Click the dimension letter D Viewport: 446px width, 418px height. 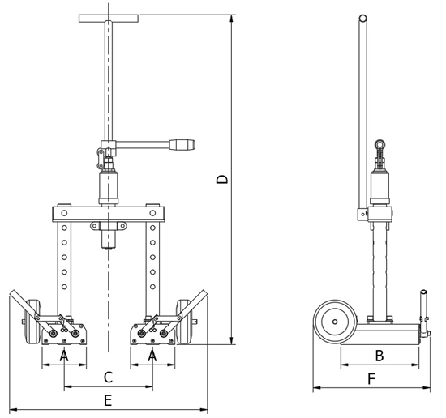(x=222, y=179)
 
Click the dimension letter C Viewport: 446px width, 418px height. (x=108, y=377)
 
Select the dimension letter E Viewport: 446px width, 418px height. (x=108, y=401)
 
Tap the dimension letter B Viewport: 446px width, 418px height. (x=380, y=356)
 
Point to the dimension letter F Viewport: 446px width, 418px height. (x=371, y=379)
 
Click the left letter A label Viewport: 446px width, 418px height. (x=64, y=356)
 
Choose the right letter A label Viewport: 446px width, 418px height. (x=152, y=356)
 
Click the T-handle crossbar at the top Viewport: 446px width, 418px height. (x=109, y=19)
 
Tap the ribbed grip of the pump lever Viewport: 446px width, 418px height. (x=182, y=145)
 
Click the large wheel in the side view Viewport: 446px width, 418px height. (x=334, y=322)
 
